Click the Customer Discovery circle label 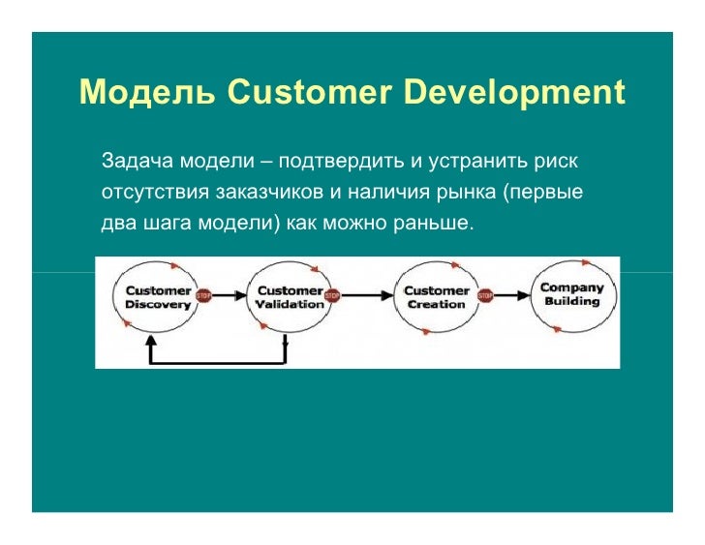point(159,297)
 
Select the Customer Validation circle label point(290,297)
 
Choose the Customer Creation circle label point(436,297)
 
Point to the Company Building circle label point(571,294)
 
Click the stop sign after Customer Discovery point(204,296)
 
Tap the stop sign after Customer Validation point(332,296)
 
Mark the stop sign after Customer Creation point(485,296)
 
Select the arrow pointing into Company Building point(513,296)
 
